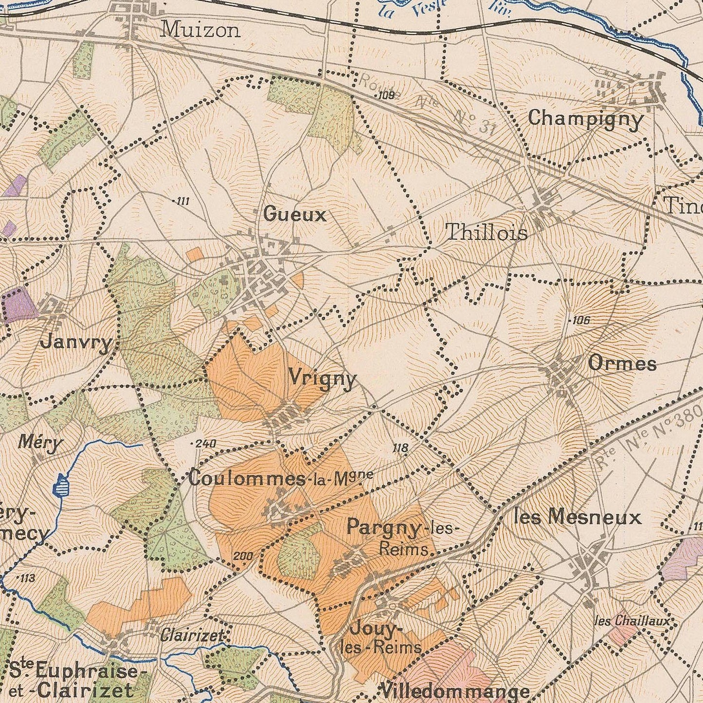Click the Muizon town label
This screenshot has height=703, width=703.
[200, 30]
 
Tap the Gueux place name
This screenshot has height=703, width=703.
[295, 215]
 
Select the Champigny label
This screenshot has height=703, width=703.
[585, 119]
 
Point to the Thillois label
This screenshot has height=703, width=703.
[487, 233]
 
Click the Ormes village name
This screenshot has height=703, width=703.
[622, 363]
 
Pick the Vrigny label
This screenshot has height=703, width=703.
[323, 378]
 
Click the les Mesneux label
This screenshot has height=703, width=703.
[577, 517]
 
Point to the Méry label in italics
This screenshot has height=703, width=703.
[40, 443]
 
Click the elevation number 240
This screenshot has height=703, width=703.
[205, 444]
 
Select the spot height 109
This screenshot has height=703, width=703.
[385, 95]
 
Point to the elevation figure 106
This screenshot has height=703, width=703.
[579, 320]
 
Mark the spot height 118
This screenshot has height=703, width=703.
[400, 448]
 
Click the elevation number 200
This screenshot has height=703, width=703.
[243, 556]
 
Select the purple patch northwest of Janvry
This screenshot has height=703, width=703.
[20, 305]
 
